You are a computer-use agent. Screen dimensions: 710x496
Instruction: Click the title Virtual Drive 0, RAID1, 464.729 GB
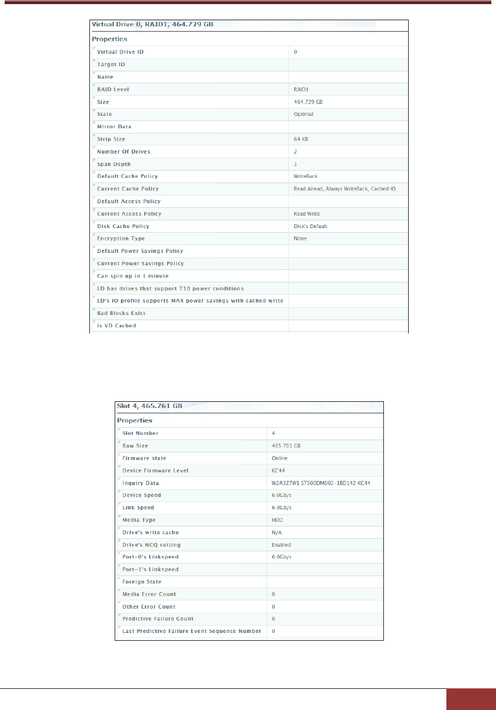pos(152,24)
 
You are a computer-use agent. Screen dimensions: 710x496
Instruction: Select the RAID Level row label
pos(113,89)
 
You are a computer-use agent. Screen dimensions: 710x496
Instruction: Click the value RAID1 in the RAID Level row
pos(301,89)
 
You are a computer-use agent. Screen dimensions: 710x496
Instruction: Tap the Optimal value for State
pos(304,114)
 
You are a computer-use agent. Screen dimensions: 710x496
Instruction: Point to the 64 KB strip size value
pos(301,139)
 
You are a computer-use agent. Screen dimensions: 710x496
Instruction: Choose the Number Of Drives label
pos(123,152)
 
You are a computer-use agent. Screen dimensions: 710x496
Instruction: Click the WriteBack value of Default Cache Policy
pos(306,176)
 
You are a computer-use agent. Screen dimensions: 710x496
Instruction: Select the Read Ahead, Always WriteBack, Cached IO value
pos(345,189)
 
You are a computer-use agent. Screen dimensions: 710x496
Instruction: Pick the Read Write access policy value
pos(307,214)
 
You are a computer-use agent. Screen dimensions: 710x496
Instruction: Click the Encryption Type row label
pos(121,238)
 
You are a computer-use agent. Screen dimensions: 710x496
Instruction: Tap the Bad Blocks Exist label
pos(121,313)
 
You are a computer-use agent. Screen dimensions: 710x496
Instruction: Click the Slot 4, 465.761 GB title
pos(150,406)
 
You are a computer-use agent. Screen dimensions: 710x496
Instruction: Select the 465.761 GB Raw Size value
pos(286,446)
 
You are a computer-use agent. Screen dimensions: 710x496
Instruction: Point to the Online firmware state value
pos(280,458)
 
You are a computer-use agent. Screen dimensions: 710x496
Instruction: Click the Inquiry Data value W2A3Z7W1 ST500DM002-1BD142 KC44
pos(321,483)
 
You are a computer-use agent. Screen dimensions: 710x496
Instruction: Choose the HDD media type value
pos(277,520)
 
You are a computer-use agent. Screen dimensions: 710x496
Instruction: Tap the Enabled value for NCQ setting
pos(282,545)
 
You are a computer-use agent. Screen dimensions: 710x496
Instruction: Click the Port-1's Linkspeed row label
pos(150,569)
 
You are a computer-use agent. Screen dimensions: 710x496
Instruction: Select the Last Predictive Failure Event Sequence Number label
pos(192,631)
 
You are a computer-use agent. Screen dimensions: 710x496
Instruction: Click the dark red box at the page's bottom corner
pos(471,699)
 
